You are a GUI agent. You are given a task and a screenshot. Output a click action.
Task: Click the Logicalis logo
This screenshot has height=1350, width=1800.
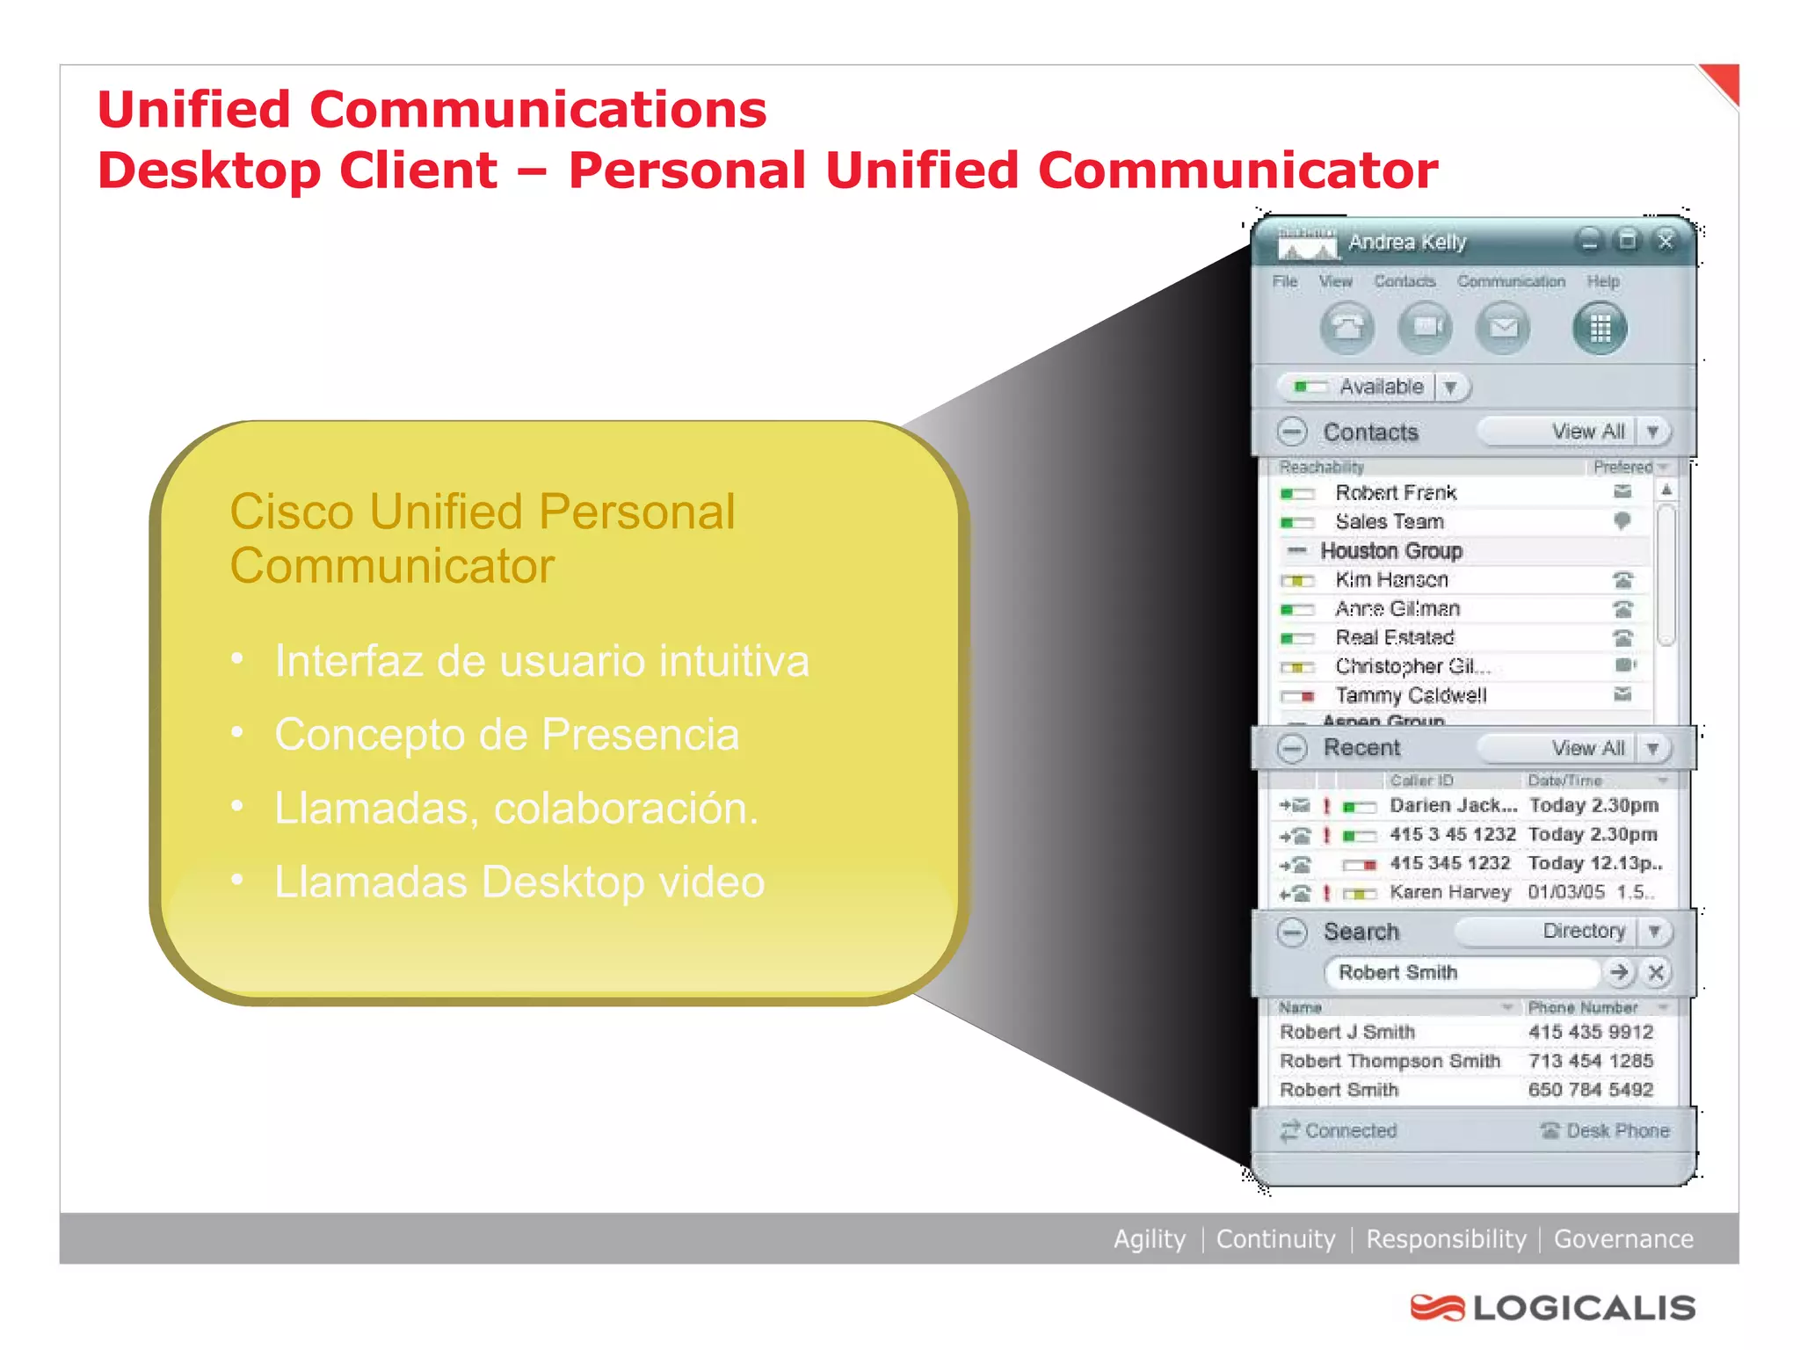point(1553,1307)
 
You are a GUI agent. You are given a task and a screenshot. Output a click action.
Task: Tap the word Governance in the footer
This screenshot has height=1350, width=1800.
point(1622,1238)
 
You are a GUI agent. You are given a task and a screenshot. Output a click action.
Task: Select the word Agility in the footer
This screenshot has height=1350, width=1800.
point(1149,1238)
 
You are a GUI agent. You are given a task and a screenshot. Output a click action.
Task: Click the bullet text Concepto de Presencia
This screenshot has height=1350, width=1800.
point(506,735)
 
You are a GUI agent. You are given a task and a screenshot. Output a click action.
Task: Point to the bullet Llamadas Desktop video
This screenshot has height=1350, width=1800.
point(519,882)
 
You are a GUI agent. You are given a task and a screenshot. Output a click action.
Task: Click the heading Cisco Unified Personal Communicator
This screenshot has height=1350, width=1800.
point(482,538)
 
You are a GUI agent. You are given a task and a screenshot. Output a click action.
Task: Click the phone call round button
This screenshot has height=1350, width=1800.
point(1346,329)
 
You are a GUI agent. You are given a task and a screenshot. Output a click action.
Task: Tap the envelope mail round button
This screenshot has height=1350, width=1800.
point(1503,329)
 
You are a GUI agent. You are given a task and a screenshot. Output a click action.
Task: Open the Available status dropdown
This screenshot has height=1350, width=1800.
point(1450,387)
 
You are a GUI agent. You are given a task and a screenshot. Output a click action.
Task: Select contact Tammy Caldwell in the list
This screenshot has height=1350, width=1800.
point(1411,695)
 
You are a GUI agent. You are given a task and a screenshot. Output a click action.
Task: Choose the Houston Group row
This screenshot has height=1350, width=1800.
point(1390,551)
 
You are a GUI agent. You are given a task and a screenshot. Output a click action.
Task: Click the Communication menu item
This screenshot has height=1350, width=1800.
point(1511,281)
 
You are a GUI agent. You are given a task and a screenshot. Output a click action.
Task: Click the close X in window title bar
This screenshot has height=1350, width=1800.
point(1665,241)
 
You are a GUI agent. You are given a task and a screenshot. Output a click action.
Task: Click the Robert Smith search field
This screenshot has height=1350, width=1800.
point(1459,972)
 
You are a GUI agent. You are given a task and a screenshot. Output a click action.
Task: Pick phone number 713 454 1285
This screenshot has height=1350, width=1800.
point(1590,1061)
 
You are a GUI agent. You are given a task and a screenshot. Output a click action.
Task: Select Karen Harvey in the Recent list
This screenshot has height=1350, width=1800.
point(1449,892)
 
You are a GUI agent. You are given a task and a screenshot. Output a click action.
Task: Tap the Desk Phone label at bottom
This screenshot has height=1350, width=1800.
point(1616,1130)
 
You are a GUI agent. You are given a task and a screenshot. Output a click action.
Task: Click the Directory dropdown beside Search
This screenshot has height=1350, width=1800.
point(1652,931)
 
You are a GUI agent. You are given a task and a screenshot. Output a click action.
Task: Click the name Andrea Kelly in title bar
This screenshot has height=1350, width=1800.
point(1407,242)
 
